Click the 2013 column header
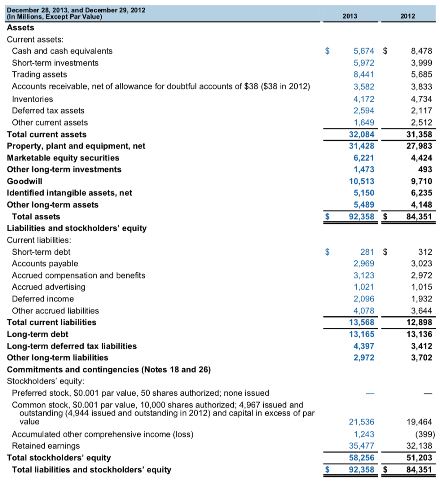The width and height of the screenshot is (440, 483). [350, 16]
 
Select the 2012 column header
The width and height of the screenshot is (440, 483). [407, 16]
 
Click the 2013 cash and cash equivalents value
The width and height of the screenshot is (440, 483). [364, 51]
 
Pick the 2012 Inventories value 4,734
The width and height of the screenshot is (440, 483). [422, 99]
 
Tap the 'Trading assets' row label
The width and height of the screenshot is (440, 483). [40, 75]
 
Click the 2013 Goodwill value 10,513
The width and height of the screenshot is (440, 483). [362, 181]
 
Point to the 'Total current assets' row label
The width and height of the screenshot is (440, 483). [47, 134]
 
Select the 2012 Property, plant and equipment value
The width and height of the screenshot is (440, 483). [419, 146]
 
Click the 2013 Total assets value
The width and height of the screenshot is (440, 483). [361, 217]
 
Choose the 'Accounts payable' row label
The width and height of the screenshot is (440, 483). [45, 264]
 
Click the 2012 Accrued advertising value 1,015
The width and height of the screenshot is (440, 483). [422, 287]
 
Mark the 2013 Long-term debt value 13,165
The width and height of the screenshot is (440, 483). [362, 334]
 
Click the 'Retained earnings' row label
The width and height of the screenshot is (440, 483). [46, 446]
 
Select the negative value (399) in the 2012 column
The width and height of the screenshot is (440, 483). [423, 434]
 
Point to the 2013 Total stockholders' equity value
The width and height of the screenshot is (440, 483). [362, 458]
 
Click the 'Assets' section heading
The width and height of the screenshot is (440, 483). [20, 28]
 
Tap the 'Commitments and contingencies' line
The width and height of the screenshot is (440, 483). [108, 369]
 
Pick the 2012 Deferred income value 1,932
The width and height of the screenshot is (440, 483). [422, 299]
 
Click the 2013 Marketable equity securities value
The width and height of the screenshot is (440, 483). [364, 158]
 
